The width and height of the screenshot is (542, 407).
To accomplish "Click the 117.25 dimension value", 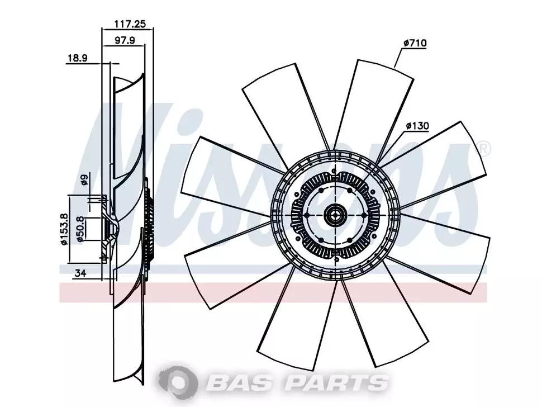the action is (x=130, y=24).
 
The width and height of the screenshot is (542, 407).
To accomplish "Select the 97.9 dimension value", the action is (x=125, y=40).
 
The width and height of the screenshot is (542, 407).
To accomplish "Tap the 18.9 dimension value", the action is (x=77, y=58).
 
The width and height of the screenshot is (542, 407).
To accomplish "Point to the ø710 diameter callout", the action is (x=415, y=43).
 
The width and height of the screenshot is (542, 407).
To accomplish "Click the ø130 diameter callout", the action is (x=417, y=126).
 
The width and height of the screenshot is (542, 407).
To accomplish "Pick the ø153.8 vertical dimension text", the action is (x=64, y=229).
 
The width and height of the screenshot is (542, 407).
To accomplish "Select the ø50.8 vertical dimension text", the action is (x=80, y=229).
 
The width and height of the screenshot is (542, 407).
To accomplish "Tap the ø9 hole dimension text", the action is (x=84, y=180).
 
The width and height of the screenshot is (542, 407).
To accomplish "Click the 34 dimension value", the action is (x=80, y=273).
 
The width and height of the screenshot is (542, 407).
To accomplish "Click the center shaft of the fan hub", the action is (x=335, y=215).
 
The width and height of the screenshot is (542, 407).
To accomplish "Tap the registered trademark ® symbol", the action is (x=483, y=148).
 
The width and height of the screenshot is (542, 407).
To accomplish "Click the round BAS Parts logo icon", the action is (x=178, y=382).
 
